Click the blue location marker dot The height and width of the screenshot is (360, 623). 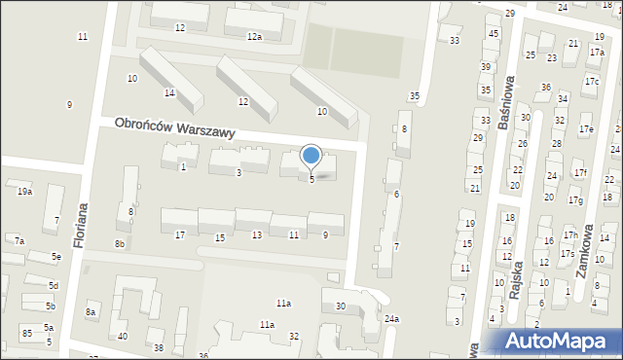[x=311, y=155]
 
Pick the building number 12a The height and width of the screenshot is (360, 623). [x=254, y=37]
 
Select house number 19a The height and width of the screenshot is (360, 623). [x=24, y=192]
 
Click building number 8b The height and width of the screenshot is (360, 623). [x=119, y=243]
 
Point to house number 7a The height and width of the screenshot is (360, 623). [x=18, y=240]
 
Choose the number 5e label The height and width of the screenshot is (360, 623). [x=57, y=256]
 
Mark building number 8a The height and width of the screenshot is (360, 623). [x=91, y=311]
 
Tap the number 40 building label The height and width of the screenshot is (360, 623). [x=122, y=337]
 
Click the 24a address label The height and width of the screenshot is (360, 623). [x=391, y=319]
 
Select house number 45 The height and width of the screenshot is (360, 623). [x=494, y=34]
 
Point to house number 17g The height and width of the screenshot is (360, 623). [x=575, y=200]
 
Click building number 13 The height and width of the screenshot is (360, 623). [x=256, y=235]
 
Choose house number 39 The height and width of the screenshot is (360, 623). [x=486, y=67]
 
